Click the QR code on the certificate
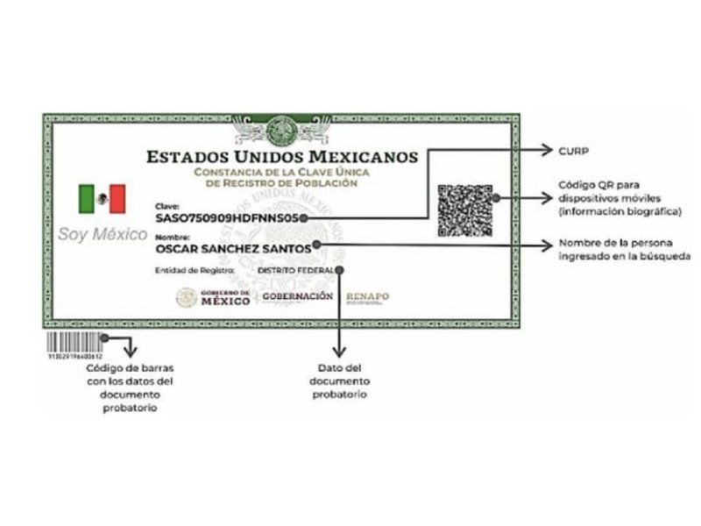[464, 210]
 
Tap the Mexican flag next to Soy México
[102, 199]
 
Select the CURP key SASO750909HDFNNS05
[228, 217]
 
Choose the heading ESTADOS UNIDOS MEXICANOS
[282, 158]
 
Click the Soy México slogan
[102, 235]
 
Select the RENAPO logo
[368, 297]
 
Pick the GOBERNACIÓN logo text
[298, 296]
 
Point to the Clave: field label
[166, 205]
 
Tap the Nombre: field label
[170, 238]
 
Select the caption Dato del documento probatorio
[340, 381]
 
